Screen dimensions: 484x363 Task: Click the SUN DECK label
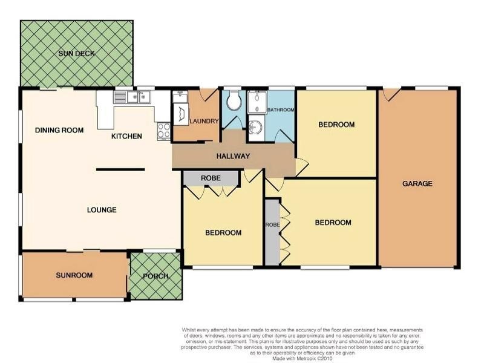coord(77,53)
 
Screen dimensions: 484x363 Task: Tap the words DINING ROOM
coord(59,130)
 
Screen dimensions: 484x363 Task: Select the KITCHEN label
coord(126,136)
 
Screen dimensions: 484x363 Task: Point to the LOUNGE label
coord(102,210)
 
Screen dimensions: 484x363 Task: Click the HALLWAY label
coord(233,156)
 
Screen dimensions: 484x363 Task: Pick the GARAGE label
coord(417,184)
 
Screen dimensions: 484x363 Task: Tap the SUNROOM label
coord(74,275)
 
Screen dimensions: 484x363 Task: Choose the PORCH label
coord(155,276)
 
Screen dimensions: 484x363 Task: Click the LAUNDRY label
coord(204,122)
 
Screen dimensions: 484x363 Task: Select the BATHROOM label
coord(281,110)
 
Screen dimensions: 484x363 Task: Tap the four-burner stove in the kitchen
coord(163,131)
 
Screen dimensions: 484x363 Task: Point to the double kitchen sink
coord(139,97)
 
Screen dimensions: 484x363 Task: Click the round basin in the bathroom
coord(255,127)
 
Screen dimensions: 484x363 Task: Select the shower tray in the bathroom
coord(257,102)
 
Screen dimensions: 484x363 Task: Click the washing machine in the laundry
coord(181,114)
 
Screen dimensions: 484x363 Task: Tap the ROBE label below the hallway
coord(211,178)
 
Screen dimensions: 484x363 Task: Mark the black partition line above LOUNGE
coord(120,169)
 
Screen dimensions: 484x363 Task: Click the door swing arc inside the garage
coord(390,95)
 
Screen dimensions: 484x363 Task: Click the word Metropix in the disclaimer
coord(307,359)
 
